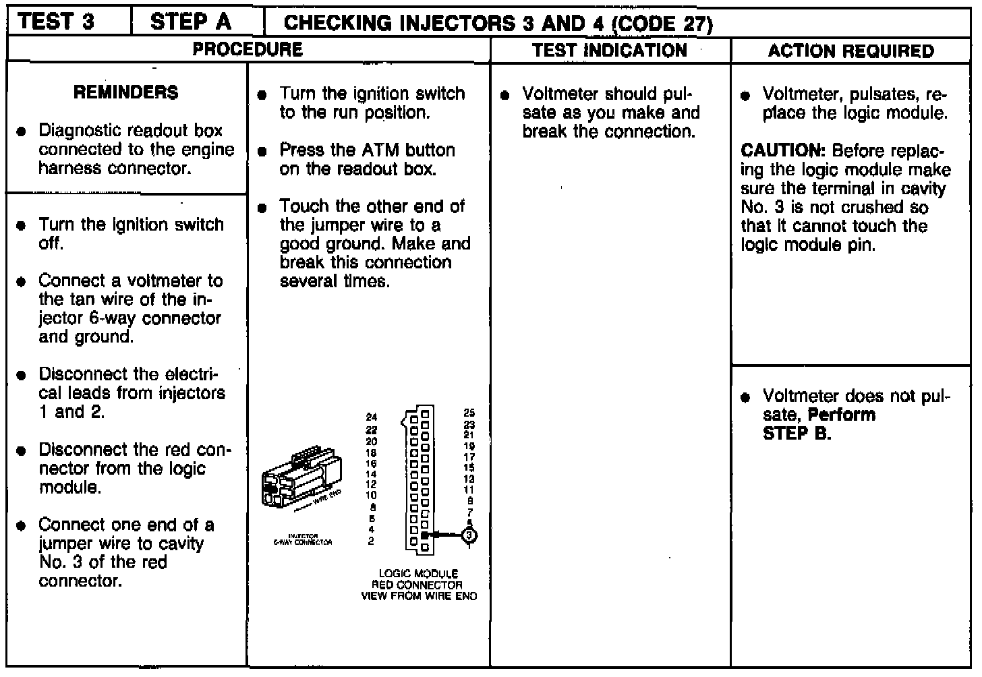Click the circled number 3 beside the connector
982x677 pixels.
click(469, 535)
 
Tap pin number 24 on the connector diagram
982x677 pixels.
click(371, 417)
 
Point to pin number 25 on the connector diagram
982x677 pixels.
click(469, 413)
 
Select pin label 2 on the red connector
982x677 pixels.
click(371, 540)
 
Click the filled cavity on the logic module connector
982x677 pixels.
click(425, 535)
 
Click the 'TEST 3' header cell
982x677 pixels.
click(57, 22)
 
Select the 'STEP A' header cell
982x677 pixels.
click(191, 22)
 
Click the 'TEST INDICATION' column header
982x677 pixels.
click(609, 51)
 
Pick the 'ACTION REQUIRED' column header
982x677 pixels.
click(850, 51)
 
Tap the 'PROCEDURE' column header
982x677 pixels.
click(248, 49)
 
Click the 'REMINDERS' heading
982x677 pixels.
click(126, 92)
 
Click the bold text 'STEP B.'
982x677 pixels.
click(797, 434)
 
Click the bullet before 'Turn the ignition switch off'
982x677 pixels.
click(22, 225)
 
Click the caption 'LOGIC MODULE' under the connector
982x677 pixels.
click(418, 574)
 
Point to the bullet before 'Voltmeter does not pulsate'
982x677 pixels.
click(745, 397)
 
